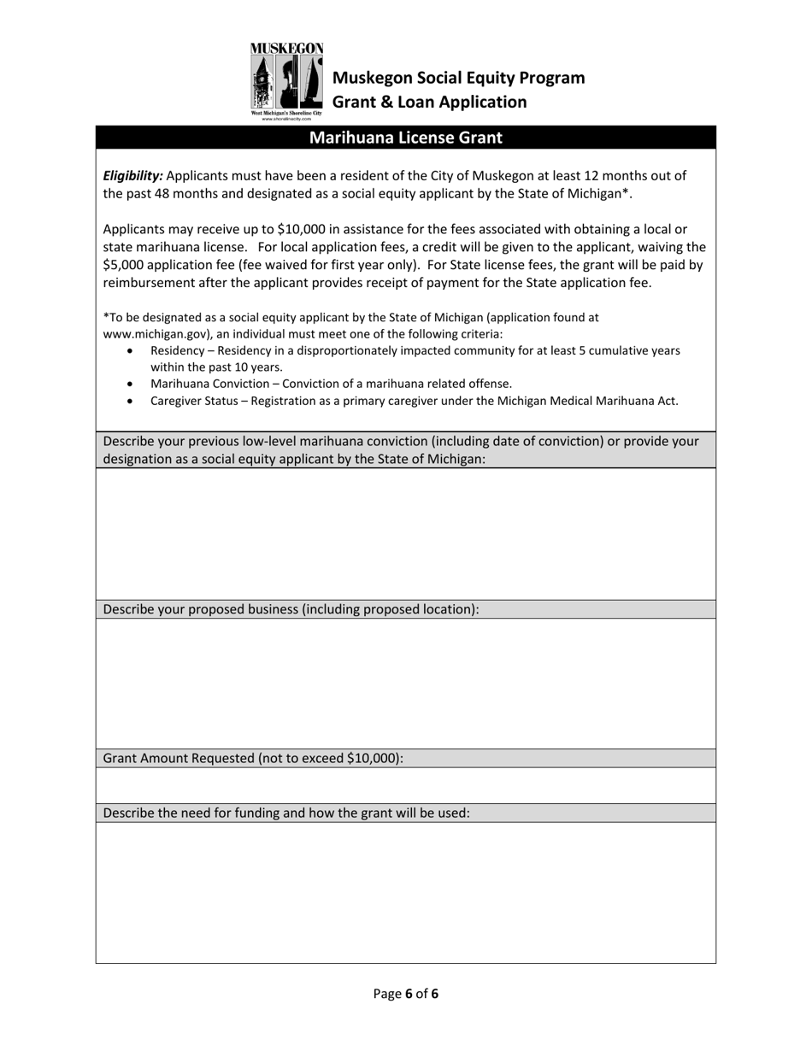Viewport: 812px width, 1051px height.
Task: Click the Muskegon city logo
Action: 286,82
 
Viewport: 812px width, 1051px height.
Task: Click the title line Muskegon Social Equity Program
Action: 458,78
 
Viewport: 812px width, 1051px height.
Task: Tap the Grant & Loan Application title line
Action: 429,103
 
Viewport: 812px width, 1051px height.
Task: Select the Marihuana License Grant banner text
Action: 405,138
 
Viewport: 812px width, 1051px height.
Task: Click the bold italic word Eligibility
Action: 132,176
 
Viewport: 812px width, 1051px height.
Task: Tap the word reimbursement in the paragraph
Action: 150,283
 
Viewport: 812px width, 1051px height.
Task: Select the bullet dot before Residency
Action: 130,351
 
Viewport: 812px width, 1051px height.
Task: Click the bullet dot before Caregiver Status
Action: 130,401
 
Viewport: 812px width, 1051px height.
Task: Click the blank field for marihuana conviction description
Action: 405,534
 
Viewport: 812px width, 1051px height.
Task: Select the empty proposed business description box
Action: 405,684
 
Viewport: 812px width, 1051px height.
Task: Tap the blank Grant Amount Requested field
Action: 405,785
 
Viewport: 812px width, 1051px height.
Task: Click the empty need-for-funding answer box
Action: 405,892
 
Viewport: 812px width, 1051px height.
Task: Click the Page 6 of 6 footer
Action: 406,994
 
